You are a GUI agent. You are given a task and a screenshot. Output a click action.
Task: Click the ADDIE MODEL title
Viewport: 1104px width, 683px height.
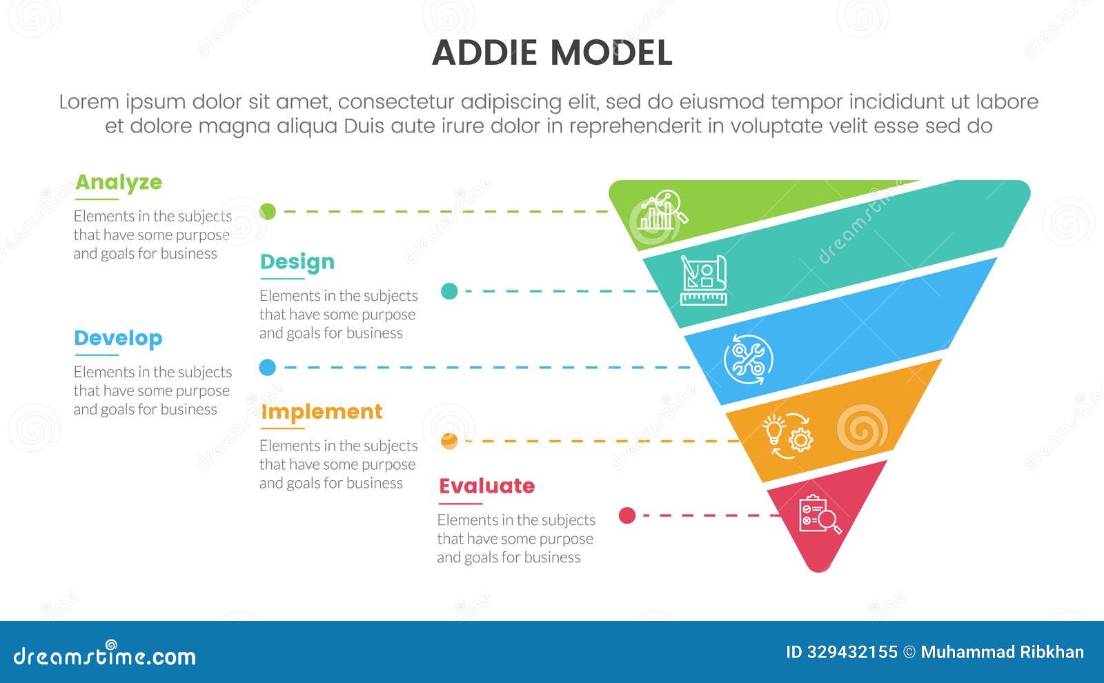[552, 53]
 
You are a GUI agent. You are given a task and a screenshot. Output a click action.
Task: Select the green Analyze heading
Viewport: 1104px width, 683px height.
[119, 182]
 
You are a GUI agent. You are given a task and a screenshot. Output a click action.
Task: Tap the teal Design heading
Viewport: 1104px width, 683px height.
[297, 262]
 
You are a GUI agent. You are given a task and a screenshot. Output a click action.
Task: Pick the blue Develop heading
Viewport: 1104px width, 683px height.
[118, 338]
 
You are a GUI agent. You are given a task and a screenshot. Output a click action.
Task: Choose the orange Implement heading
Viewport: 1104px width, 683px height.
[322, 412]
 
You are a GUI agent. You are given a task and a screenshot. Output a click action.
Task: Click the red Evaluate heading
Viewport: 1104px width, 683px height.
[487, 486]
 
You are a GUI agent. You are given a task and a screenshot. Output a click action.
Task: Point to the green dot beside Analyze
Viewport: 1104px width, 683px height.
[268, 212]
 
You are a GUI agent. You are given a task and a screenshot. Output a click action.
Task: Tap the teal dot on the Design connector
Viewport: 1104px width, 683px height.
[449, 291]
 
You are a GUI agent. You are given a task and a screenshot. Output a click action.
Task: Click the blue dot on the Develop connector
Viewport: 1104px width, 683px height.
[268, 368]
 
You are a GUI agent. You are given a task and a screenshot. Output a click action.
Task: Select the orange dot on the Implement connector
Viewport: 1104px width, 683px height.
[449, 441]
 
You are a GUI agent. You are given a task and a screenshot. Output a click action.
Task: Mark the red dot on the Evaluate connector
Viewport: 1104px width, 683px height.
[627, 515]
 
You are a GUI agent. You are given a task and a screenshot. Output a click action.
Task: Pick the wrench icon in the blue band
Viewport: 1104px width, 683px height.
[748, 359]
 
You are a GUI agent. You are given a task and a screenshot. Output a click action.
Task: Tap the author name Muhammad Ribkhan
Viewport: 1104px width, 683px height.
[1003, 652]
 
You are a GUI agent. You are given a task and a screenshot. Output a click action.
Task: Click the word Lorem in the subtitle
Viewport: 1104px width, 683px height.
[89, 102]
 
